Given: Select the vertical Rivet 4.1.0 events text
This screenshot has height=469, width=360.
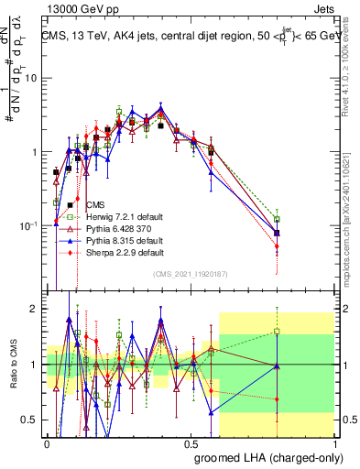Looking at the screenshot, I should click(x=352, y=69).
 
